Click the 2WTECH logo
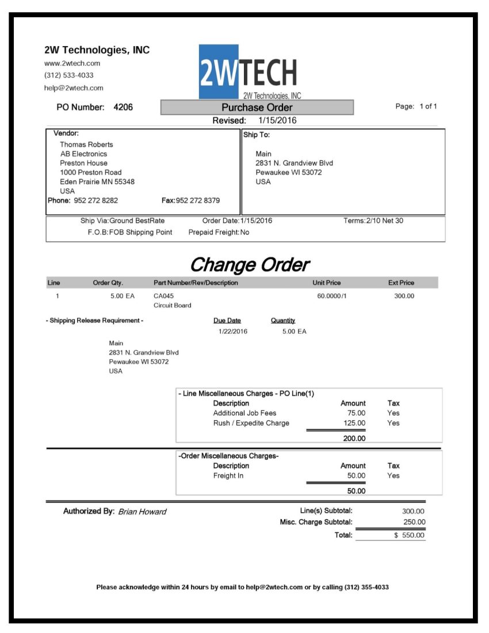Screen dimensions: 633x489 tap(249, 72)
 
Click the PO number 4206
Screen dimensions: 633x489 tap(123, 107)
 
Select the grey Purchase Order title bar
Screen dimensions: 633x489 tap(257, 108)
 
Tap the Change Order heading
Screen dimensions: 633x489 tap(249, 265)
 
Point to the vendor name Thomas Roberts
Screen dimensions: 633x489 tap(86, 144)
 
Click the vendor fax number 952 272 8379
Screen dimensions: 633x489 tap(198, 201)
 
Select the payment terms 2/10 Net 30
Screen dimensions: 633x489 tap(384, 221)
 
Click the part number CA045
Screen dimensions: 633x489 tap(163, 296)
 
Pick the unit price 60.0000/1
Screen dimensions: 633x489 tap(332, 296)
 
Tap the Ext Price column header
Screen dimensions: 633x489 tap(401, 283)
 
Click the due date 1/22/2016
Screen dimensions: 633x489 tap(233, 331)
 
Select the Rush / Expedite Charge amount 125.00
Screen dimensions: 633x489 tap(354, 423)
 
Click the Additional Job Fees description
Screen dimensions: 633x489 tap(244, 413)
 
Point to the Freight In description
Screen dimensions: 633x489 tap(228, 476)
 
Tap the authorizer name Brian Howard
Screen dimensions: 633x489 tap(142, 512)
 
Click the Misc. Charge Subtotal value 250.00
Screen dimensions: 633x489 tap(414, 523)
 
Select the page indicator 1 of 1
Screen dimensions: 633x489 tap(428, 106)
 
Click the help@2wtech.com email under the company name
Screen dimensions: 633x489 tap(74, 88)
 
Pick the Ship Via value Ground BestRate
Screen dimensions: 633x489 tap(137, 221)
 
